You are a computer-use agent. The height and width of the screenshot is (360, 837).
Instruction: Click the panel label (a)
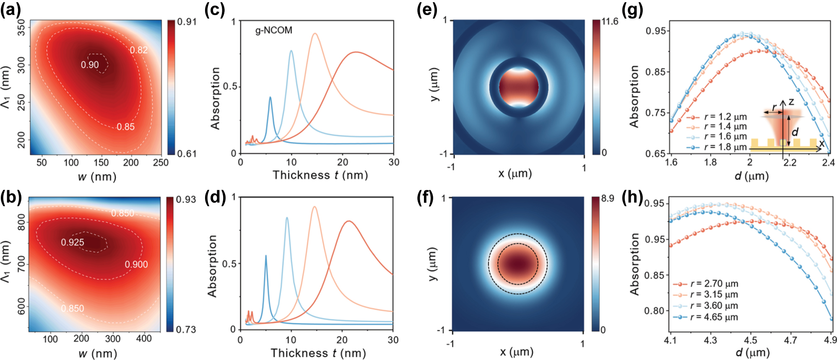[x=10, y=9]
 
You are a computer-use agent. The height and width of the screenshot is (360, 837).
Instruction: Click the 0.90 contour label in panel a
[x=90, y=65]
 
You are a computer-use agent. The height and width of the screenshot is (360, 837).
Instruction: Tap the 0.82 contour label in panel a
[x=139, y=50]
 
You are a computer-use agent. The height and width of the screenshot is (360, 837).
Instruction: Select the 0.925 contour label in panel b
[x=72, y=242]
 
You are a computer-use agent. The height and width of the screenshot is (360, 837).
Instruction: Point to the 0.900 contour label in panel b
[x=136, y=264]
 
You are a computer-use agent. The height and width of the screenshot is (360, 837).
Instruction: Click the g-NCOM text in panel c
[x=274, y=30]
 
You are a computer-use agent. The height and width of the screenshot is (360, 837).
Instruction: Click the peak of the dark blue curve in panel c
[x=270, y=97]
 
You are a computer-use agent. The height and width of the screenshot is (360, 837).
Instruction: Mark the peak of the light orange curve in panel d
[x=314, y=207]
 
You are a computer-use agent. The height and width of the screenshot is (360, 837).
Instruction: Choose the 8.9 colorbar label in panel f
[x=608, y=198]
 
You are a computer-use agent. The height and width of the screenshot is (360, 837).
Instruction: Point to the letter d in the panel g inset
[x=795, y=132]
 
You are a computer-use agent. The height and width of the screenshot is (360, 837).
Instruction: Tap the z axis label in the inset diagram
[x=791, y=102]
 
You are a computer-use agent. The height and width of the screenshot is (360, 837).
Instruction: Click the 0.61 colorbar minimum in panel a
[x=187, y=153]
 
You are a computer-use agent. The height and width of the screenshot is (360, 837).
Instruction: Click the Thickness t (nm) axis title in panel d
[x=318, y=353]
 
